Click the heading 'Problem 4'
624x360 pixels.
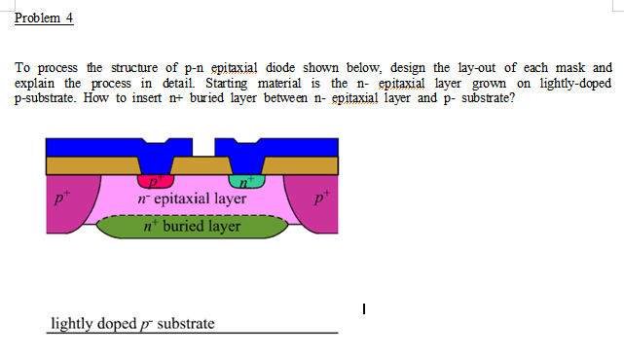45,18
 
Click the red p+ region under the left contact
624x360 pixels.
155,181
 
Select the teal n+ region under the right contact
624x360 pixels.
246,181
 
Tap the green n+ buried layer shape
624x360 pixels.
190,227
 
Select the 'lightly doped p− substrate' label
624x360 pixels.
132,323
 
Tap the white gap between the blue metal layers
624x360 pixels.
202,148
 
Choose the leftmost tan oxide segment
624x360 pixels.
92,165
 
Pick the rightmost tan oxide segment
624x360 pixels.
302,165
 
